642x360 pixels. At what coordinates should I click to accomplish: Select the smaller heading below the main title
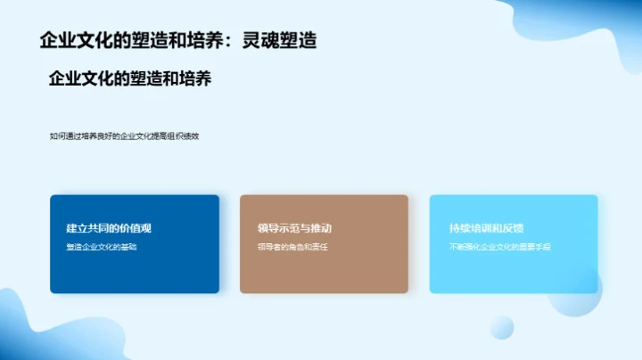click(x=129, y=79)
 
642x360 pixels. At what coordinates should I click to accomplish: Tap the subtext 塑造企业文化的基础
click(x=102, y=247)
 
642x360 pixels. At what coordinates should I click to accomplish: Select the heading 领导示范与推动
click(x=294, y=228)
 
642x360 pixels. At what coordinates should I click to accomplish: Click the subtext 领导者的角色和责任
click(x=292, y=247)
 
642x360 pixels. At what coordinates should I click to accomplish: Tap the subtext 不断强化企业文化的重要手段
click(x=500, y=247)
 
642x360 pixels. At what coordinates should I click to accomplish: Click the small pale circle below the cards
click(x=502, y=327)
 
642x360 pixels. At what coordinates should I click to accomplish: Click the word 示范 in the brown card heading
click(x=288, y=228)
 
